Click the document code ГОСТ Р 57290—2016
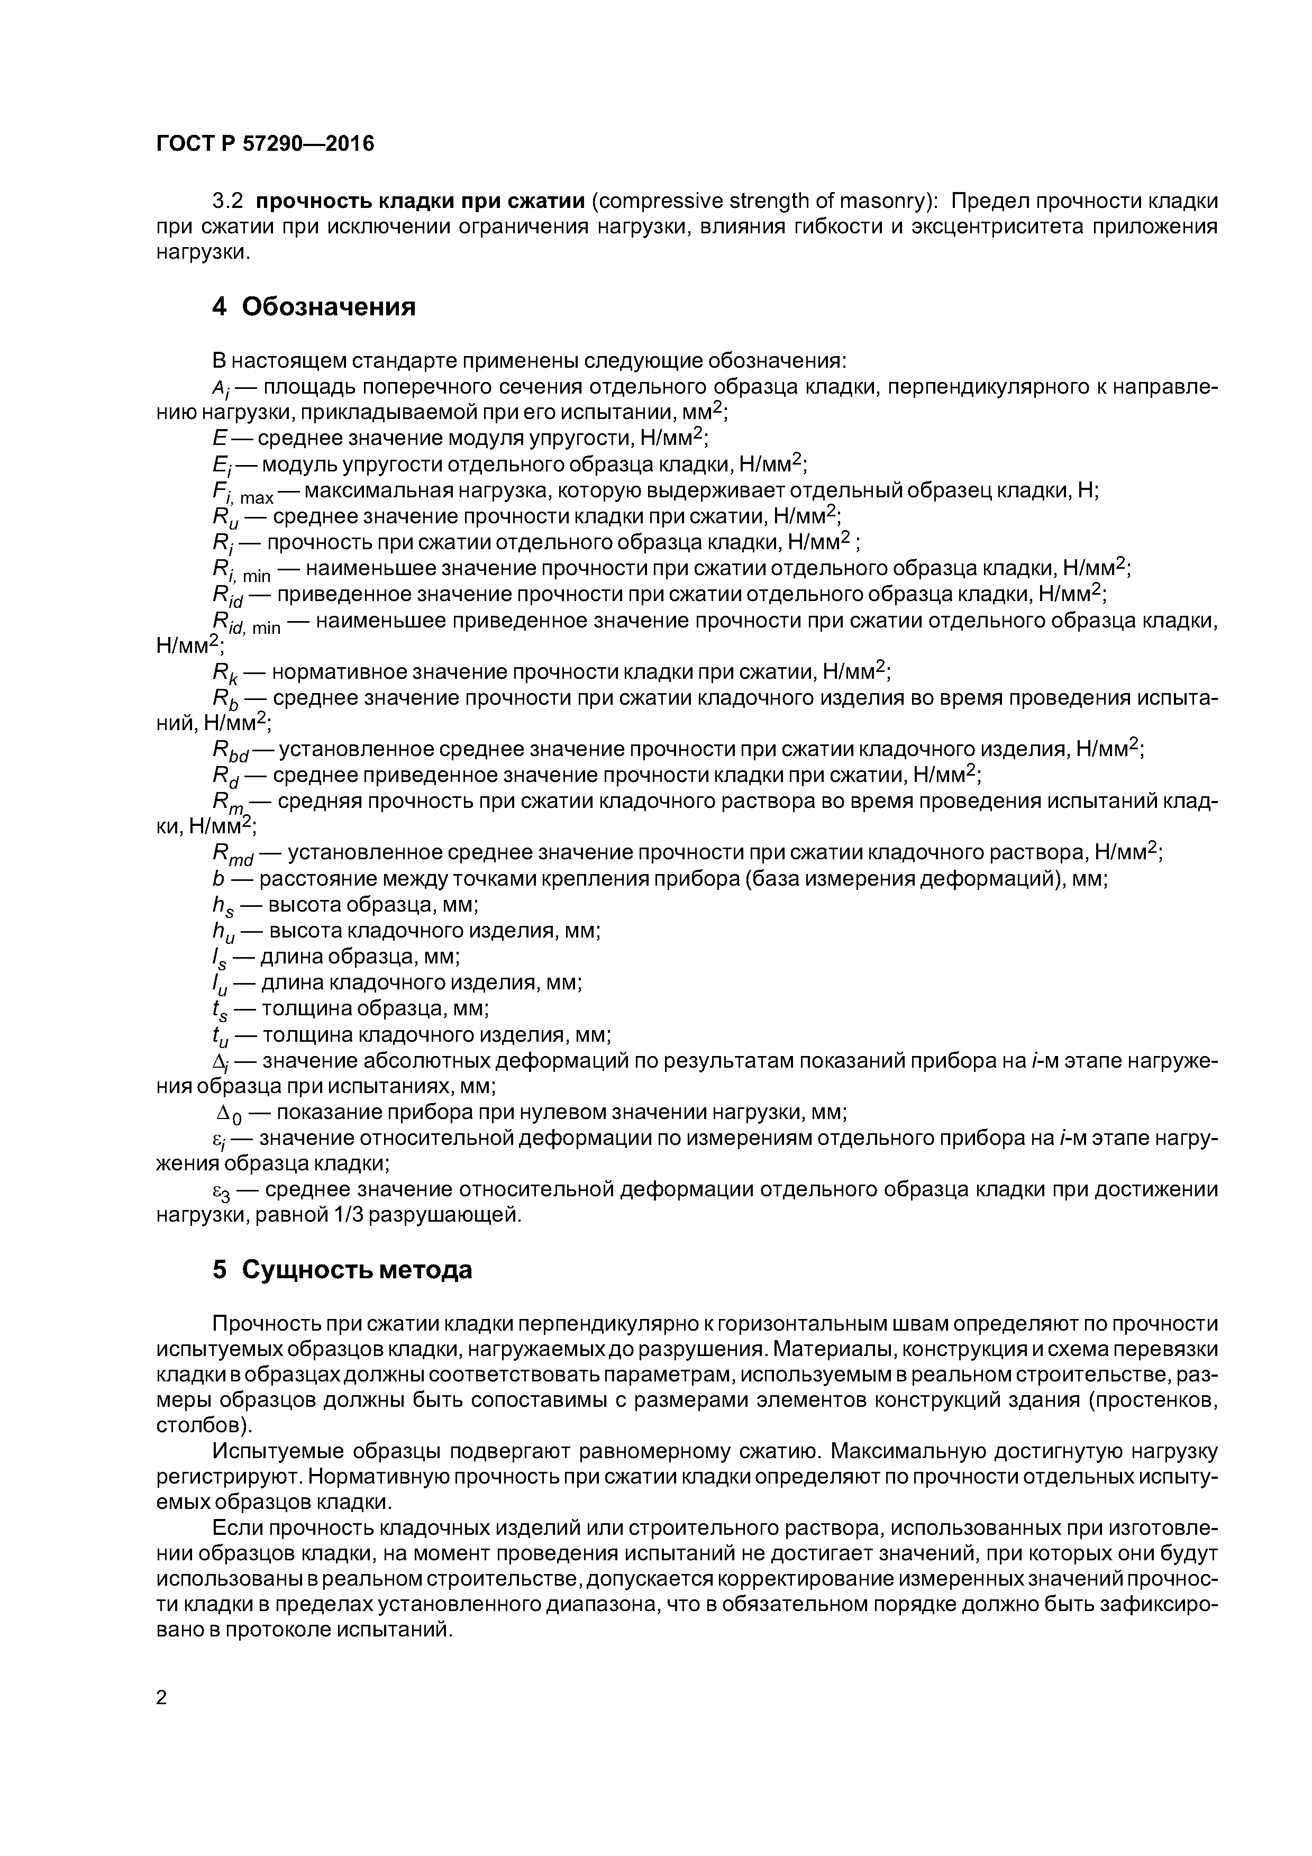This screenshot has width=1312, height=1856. (265, 144)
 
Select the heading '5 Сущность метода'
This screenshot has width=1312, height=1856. (342, 1270)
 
